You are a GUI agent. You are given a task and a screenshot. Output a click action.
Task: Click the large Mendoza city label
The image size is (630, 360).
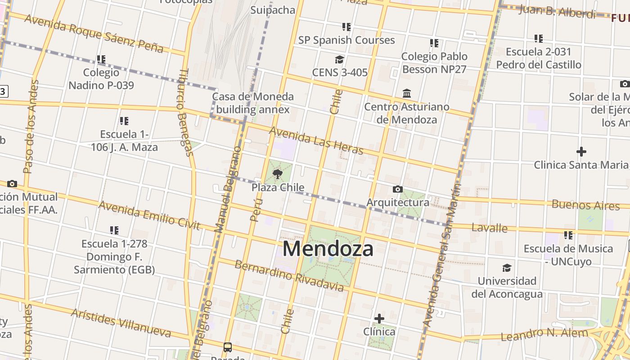328,248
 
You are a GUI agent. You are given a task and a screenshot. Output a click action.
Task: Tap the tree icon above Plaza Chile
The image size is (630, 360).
278,174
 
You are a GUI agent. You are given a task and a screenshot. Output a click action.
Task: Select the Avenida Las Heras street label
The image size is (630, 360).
316,140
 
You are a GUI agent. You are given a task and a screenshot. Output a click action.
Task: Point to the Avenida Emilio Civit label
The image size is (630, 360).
149,215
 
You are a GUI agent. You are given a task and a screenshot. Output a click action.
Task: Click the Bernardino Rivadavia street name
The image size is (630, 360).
289,275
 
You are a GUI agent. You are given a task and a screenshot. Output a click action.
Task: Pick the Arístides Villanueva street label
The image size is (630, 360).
121,323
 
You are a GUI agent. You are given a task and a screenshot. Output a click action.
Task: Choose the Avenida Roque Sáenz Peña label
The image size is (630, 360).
94,33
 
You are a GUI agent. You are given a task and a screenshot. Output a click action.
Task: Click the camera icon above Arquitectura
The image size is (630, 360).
397,189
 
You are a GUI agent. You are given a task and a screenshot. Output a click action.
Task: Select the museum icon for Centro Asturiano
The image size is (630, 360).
407,93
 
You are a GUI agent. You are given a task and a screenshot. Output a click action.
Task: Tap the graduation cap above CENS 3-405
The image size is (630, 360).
339,59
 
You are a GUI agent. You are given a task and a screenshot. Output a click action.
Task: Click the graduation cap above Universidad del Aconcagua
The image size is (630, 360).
507,268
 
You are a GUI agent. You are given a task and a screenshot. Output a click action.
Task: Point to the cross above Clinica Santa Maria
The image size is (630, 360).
581,152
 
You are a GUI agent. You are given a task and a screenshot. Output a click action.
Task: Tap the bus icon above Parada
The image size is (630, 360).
228,347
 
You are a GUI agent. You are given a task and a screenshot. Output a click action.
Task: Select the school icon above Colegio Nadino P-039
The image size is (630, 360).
101,59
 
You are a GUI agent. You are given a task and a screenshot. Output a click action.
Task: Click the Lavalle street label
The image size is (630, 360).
489,228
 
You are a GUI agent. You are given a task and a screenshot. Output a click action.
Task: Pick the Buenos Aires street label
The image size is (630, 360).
585,205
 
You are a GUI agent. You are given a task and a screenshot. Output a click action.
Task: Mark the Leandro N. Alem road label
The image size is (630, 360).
544,334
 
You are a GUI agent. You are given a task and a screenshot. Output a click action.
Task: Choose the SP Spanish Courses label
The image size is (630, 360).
346,40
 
